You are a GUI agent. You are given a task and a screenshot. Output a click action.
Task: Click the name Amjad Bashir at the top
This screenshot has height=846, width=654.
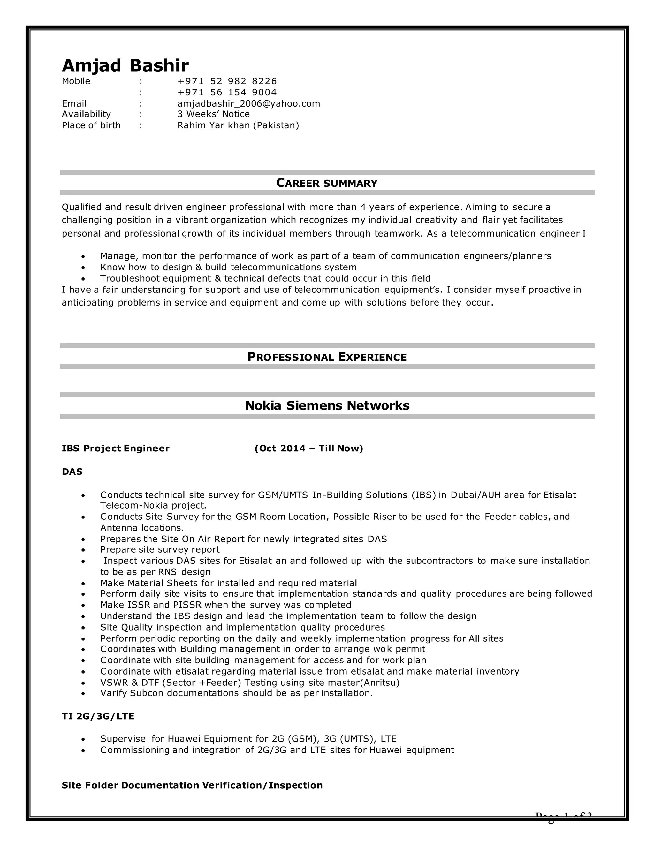pyautogui.click(x=125, y=65)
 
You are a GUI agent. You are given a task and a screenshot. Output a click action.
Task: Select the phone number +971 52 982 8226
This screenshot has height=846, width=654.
pyautogui.click(x=227, y=81)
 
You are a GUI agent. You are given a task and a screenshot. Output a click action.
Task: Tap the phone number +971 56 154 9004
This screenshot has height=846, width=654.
pyautogui.click(x=227, y=93)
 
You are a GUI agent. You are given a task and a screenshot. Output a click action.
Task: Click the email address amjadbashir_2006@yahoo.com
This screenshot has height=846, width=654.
pyautogui.click(x=248, y=104)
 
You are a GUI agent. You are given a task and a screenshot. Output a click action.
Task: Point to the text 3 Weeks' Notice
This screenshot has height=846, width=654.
pyautogui.click(x=214, y=114)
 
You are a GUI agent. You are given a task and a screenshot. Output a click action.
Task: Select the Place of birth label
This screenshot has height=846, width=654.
pyautogui.click(x=91, y=125)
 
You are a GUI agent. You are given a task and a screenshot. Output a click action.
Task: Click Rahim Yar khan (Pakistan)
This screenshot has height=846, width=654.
pyautogui.click(x=238, y=125)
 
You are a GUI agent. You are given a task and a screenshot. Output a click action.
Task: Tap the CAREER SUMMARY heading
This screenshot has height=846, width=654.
pyautogui.click(x=327, y=183)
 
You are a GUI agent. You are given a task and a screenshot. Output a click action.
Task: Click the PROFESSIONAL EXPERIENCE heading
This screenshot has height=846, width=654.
pyautogui.click(x=327, y=357)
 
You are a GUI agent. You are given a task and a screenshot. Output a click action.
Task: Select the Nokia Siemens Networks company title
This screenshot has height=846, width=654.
pyautogui.click(x=327, y=405)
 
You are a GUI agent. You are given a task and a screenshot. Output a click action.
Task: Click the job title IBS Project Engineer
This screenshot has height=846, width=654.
pyautogui.click(x=116, y=449)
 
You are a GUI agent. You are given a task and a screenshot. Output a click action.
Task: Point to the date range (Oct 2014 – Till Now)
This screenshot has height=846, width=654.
pyautogui.click(x=308, y=449)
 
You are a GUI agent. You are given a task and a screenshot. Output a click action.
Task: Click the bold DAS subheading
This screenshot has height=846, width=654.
pyautogui.click(x=72, y=472)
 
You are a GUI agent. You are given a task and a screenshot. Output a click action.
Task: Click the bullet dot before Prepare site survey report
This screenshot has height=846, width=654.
pyautogui.click(x=83, y=550)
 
